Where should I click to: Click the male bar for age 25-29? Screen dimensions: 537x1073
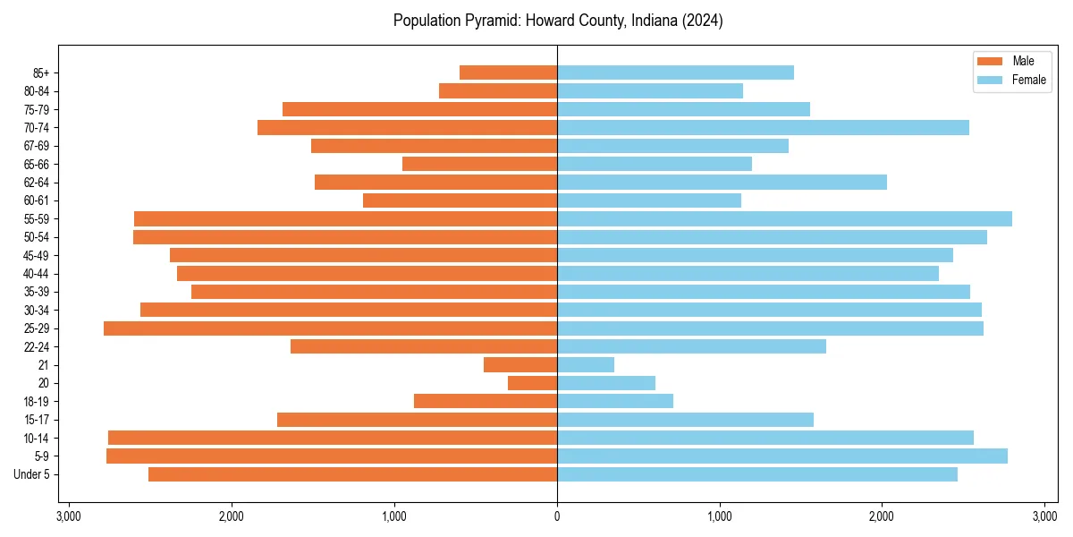pos(330,328)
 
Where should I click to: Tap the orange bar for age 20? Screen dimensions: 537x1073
pos(532,383)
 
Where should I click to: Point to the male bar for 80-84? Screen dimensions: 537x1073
pos(498,91)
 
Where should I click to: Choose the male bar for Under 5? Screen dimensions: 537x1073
pos(352,474)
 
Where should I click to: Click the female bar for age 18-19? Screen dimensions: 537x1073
pos(615,401)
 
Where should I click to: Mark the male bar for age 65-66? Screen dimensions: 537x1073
pos(479,164)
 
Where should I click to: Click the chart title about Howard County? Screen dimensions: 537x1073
pos(558,21)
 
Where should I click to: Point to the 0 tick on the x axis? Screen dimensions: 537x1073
pos(557,516)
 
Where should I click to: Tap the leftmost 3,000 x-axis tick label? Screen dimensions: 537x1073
pos(69,516)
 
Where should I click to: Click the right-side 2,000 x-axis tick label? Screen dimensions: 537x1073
pos(882,516)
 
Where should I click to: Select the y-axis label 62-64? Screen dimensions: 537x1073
pos(37,183)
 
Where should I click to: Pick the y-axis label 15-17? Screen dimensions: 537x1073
pos(37,420)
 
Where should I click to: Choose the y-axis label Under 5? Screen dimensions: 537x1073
pos(32,474)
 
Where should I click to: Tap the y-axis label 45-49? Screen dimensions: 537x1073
pos(37,255)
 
